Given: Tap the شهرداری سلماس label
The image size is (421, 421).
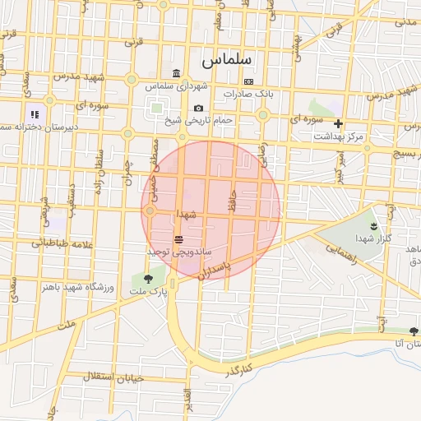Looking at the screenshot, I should coord(177,86).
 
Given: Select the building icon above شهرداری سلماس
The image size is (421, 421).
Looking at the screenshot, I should coord(177,73).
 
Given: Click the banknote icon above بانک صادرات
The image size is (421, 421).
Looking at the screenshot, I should coord(249,82).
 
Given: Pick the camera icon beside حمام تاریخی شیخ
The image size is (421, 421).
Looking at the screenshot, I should coord(198,109).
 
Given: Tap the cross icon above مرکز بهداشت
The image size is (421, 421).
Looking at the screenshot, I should coord(338,123).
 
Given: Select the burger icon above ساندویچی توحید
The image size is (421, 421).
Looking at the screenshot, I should coord(178,238).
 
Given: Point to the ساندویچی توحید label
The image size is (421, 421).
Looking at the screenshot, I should coord(179,250).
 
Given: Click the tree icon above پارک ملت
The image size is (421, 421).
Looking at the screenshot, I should coord(150,279).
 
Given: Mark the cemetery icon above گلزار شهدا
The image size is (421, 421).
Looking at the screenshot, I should coord(374,224).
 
